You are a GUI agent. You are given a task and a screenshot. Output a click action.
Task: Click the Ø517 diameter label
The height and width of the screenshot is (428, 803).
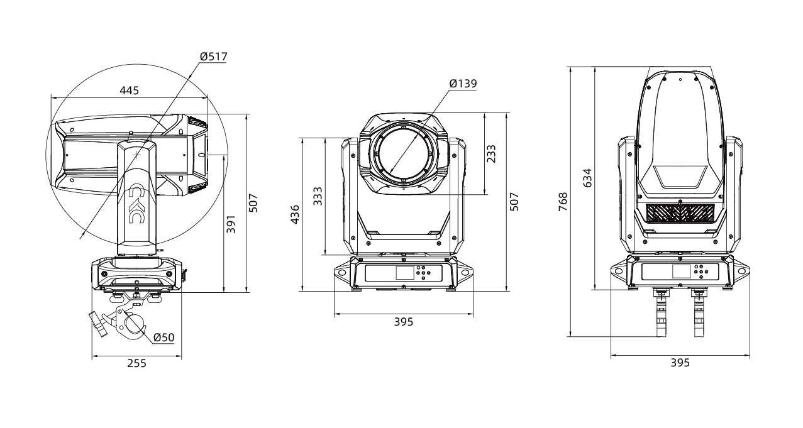[x=214, y=57]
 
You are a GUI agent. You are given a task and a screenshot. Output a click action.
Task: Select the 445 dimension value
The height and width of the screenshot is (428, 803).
[x=129, y=91]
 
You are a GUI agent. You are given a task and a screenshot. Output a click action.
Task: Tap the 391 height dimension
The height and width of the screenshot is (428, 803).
[x=231, y=224]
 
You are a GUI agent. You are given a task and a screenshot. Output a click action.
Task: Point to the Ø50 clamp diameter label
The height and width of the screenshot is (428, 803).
[x=164, y=337]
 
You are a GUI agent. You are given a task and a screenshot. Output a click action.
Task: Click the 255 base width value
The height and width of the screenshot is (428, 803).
[x=137, y=363]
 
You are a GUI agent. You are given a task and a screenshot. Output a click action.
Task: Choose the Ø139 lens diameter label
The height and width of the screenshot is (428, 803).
[x=463, y=84]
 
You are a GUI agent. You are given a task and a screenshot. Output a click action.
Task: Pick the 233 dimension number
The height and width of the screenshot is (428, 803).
[x=491, y=153]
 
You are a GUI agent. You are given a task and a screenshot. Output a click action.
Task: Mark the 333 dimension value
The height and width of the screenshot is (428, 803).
[x=318, y=196]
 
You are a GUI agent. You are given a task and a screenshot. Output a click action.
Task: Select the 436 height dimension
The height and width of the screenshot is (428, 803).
[x=295, y=214]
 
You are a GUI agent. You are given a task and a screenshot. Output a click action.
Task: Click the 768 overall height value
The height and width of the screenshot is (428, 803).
[x=563, y=202]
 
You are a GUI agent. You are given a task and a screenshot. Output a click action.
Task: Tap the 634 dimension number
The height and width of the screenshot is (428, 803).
[x=587, y=178]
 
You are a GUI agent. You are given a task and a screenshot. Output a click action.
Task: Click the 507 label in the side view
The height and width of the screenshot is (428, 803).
[x=253, y=203]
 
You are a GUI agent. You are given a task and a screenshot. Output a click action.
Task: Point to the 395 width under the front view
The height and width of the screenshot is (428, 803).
[x=404, y=322]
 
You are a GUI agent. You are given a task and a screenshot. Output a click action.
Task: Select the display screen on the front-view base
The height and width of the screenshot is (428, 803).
[x=404, y=273]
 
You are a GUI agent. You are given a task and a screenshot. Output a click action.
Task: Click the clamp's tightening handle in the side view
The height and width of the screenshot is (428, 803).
[x=98, y=324]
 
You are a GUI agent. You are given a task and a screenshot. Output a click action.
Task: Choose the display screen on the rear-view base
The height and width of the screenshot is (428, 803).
[x=682, y=272]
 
